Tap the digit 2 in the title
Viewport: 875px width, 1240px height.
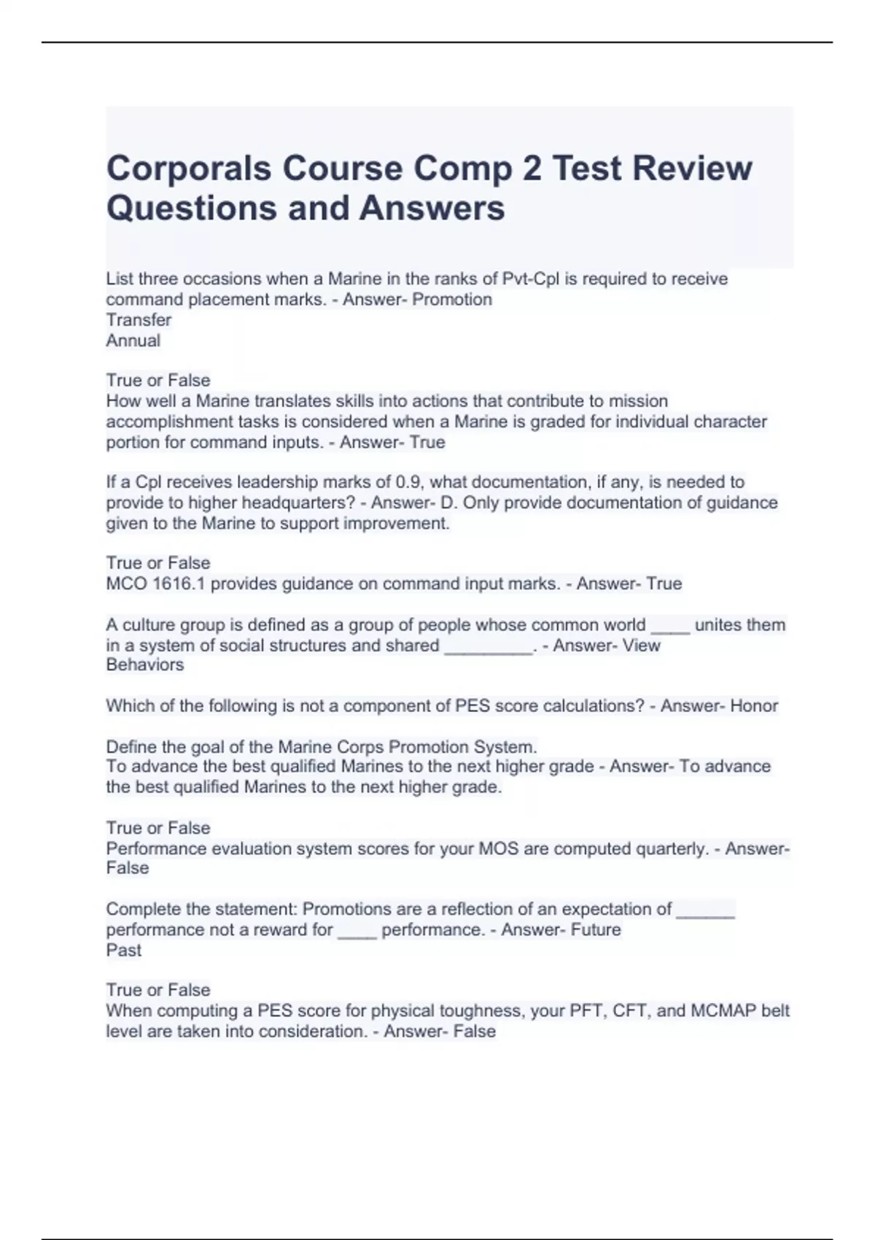point(531,168)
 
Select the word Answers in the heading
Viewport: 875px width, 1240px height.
point(432,208)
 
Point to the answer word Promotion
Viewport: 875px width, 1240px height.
point(452,299)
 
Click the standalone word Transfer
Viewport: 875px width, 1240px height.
point(139,319)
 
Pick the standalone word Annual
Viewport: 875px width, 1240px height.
point(133,340)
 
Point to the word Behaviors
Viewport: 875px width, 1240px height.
point(144,664)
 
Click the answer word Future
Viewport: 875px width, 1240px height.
point(596,929)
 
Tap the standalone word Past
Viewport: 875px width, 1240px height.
point(123,950)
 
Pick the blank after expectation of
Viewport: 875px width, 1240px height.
point(705,910)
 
